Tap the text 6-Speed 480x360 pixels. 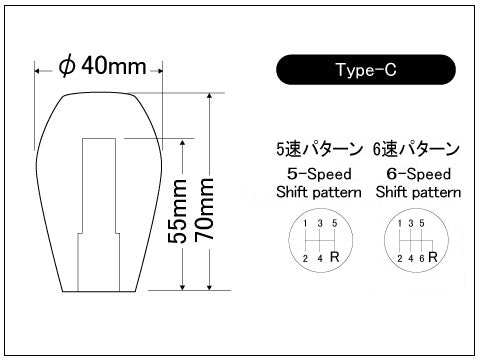pos(418,172)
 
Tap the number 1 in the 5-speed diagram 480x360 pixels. pos(304,222)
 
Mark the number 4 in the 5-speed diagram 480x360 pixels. pos(320,258)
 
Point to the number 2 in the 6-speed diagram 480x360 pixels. pos(400,258)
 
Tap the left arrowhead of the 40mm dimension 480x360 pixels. pos(39,70)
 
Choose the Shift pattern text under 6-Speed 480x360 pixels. pos(418,190)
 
